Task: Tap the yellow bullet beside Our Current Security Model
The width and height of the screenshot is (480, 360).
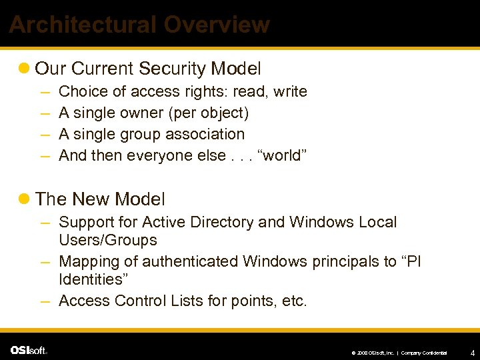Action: (25, 69)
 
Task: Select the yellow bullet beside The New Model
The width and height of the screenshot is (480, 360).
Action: (25, 199)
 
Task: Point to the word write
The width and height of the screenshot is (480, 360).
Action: (291, 91)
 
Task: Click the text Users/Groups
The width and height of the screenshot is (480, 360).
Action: (108, 240)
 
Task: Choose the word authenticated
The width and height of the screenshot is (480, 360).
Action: (193, 261)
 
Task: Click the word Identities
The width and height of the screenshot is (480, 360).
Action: (90, 279)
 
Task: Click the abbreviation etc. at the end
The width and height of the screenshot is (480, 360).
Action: (294, 301)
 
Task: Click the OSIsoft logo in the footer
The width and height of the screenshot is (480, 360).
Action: (29, 350)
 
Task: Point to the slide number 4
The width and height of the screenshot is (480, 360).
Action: (472, 351)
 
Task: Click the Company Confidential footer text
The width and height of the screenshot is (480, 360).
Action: (424, 352)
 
